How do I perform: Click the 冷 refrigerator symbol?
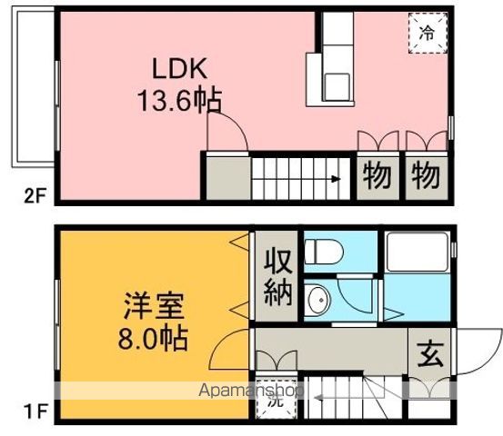[428, 34]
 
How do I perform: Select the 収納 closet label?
[277, 278]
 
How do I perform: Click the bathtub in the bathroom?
[414, 253]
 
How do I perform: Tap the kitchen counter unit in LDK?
[329, 68]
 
